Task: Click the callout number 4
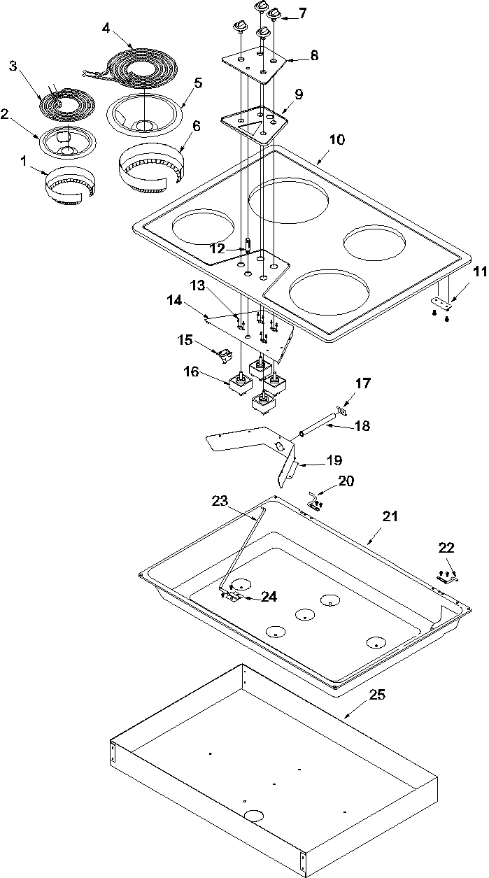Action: point(106,28)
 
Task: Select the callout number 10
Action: point(336,139)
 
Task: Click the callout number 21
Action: point(390,516)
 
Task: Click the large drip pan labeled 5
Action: point(143,112)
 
